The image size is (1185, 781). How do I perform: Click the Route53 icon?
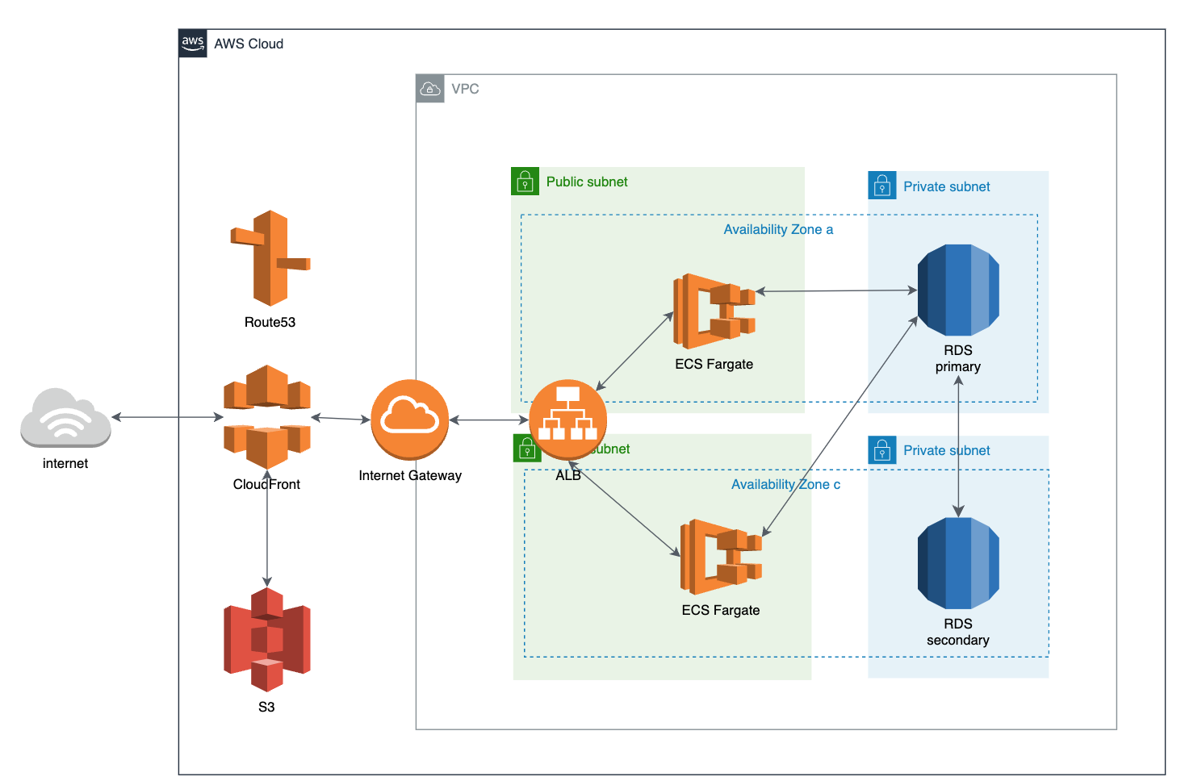270,258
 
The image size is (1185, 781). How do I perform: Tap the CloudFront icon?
267,416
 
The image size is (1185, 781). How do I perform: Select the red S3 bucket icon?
267,639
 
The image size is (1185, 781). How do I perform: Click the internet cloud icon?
65,417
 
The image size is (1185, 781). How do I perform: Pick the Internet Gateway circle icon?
410,420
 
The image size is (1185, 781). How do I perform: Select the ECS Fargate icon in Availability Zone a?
714,311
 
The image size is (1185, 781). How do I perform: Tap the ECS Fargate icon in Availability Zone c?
721,557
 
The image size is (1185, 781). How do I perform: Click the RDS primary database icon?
958,290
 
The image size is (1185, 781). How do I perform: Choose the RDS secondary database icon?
958,563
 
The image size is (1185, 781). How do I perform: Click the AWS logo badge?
193,44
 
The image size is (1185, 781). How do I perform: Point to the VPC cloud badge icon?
430,89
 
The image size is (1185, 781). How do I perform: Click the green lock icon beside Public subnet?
526,182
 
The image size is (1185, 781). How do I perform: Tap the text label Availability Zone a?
778,230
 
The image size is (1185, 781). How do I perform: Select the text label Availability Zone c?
785,485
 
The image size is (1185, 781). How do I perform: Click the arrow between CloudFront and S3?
267,532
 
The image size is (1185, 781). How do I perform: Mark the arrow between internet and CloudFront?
167,417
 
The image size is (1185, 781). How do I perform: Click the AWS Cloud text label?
249,44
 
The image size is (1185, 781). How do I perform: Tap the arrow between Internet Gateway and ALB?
488,420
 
